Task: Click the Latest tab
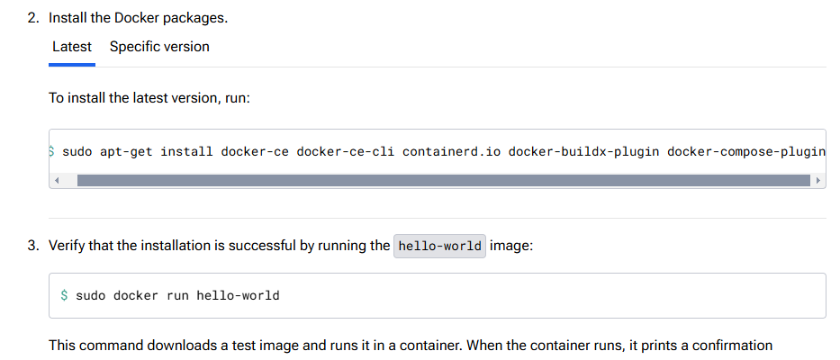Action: coord(72,47)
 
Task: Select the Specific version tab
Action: coord(159,47)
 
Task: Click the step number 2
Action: coord(32,18)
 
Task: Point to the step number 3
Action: coord(32,245)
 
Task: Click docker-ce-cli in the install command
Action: coord(346,151)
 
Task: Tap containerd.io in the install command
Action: coord(451,151)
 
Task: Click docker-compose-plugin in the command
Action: coord(746,151)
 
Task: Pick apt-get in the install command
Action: coord(126,151)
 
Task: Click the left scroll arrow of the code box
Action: coord(58,181)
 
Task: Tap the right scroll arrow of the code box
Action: coord(817,181)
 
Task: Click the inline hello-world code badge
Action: coord(440,246)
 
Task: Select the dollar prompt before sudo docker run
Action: coord(64,295)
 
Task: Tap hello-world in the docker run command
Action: coord(238,295)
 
